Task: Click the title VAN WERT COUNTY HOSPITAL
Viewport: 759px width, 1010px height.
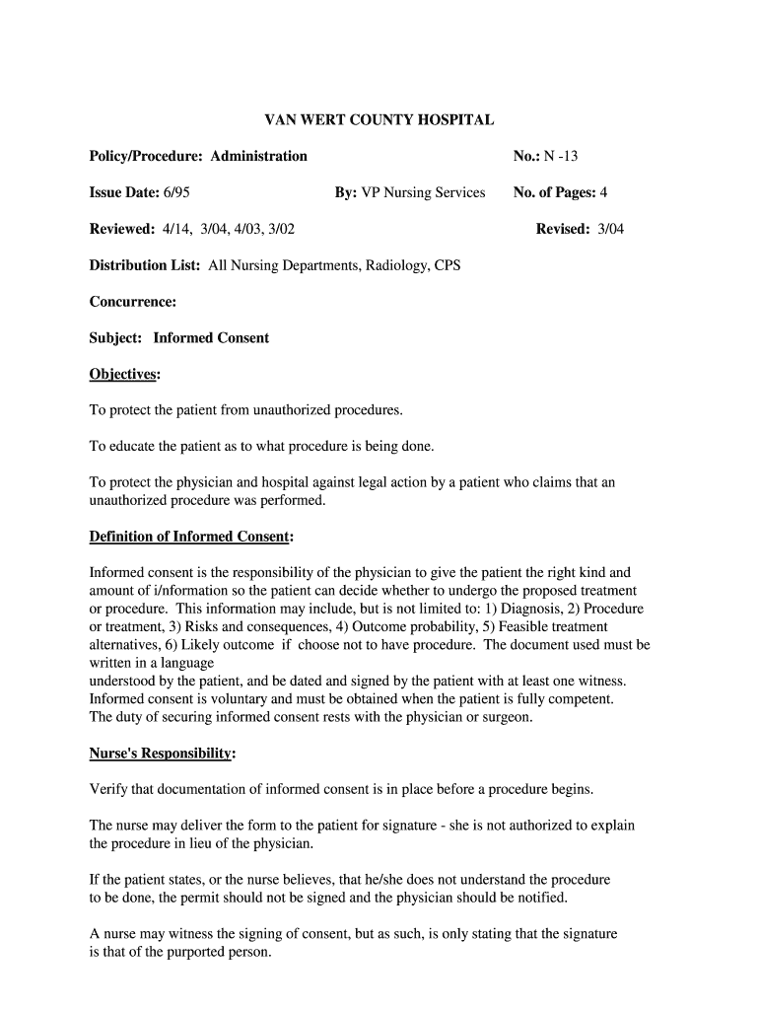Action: [379, 119]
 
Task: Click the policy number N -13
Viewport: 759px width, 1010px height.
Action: [569, 156]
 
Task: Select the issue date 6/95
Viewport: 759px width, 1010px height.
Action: [177, 192]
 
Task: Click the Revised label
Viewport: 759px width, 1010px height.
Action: [563, 229]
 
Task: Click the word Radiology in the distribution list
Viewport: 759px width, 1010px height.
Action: [392, 265]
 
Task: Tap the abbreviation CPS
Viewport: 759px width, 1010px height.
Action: [446, 265]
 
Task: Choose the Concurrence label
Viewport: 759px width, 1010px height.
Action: [133, 302]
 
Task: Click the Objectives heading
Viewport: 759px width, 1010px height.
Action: [124, 375]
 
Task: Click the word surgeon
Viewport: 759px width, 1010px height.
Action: [504, 717]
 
